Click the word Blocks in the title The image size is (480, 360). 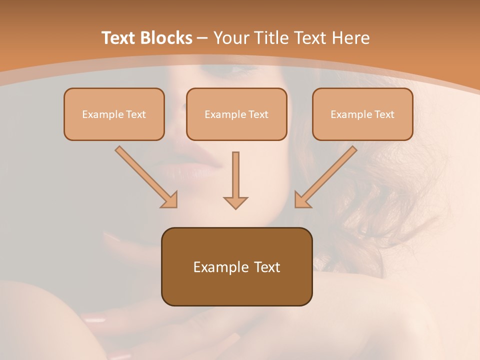167,38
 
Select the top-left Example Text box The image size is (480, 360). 114,114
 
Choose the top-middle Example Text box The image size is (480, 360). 236,114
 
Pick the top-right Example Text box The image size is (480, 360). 362,114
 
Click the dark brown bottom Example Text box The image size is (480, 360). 236,266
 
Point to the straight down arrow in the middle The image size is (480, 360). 235,177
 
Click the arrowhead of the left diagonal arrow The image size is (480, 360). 170,200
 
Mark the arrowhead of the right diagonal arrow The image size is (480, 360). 301,200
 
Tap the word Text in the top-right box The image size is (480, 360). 384,114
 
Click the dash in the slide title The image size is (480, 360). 202,38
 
